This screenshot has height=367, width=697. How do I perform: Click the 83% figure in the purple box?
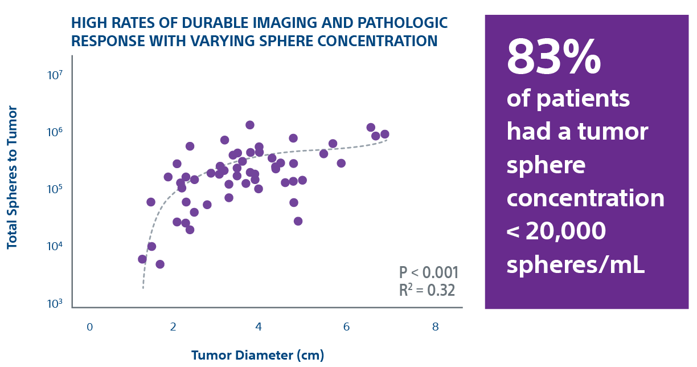coord(553,59)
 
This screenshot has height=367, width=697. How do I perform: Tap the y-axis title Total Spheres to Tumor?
coord(12,177)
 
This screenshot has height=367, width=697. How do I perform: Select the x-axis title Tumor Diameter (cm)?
coord(257,356)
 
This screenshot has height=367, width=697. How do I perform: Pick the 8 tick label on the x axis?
coord(436,327)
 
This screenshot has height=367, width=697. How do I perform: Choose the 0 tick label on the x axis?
coord(90,327)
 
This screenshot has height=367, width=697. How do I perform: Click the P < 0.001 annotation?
coord(428,272)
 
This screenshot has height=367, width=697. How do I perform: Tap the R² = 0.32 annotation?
coord(427,290)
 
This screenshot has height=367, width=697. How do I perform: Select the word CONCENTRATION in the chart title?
coord(380,41)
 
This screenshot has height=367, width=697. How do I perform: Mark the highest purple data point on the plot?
coord(249,125)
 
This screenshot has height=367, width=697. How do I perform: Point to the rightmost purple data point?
coord(385,134)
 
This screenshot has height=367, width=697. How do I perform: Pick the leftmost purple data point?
coord(142,259)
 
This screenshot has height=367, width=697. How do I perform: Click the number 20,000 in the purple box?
coord(565,231)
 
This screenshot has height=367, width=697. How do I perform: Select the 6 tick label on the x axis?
coord(346,327)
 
